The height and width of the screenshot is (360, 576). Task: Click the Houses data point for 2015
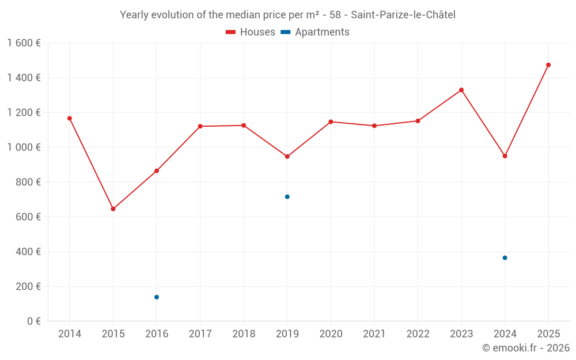tap(113, 209)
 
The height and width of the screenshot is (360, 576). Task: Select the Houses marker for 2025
tap(548, 65)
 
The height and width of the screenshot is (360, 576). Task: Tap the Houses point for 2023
tap(461, 90)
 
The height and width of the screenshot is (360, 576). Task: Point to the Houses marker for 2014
tap(70, 118)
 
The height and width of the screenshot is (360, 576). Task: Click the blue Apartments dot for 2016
tap(157, 297)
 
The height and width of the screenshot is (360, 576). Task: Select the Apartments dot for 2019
tap(287, 197)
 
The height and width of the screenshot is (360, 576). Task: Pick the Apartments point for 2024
tap(505, 258)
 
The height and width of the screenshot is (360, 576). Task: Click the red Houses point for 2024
tap(505, 156)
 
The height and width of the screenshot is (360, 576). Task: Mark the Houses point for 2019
tap(287, 157)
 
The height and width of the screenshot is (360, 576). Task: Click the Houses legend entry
tap(251, 32)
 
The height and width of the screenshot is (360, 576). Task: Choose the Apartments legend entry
tap(316, 32)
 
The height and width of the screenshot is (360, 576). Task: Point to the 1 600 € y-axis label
tap(24, 43)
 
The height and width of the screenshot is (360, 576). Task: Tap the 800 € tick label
tap(27, 182)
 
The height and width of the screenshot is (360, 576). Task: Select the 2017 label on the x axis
tap(200, 334)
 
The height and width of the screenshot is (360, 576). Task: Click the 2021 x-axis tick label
tap(374, 334)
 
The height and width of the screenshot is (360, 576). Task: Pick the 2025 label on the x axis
tap(548, 334)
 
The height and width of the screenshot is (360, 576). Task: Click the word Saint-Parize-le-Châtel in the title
tap(403, 15)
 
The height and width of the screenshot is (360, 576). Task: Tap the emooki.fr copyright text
tap(526, 348)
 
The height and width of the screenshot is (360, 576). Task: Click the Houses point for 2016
tap(157, 171)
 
